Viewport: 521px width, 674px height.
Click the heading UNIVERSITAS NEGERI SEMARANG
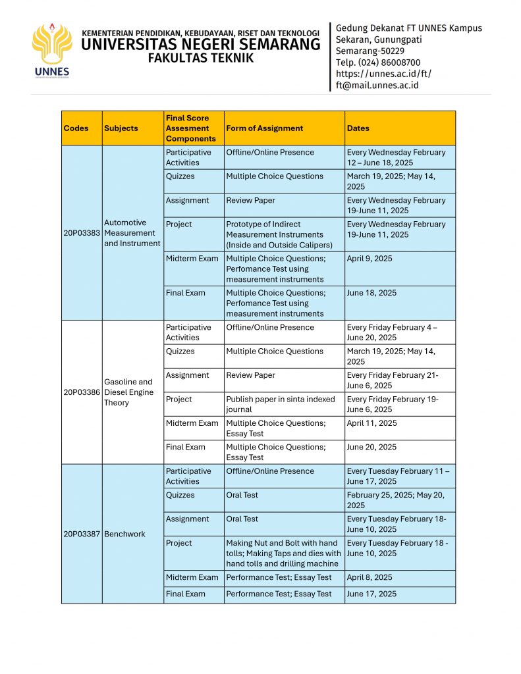point(201,45)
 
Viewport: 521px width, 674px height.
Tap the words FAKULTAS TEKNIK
point(200,58)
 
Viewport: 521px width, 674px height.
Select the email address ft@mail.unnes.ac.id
point(377,85)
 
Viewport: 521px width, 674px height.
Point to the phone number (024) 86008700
point(378,63)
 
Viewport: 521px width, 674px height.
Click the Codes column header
point(76,128)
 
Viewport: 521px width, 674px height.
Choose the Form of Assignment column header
point(264,128)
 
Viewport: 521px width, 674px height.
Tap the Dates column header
point(358,128)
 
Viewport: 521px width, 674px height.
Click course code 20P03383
point(82,233)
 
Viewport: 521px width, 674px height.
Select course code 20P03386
point(82,392)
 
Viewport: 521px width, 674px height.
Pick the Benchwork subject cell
point(124,534)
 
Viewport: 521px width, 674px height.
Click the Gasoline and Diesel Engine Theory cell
point(128,392)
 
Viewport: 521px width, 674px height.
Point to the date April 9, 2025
point(370,259)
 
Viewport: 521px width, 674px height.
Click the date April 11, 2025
point(372,423)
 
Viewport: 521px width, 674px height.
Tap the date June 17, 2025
point(371,594)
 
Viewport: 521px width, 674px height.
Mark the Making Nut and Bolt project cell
point(283,553)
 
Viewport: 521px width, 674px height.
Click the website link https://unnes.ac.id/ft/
point(383,74)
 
